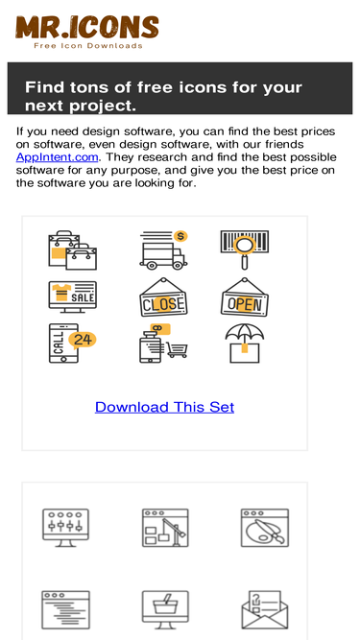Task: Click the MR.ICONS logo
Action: pyautogui.click(x=87, y=32)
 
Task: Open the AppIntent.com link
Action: pyautogui.click(x=58, y=157)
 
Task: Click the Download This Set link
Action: pyautogui.click(x=164, y=407)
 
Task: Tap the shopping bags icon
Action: pyautogui.click(x=73, y=250)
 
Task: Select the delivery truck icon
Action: pyautogui.click(x=163, y=250)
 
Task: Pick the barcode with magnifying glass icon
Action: pyautogui.click(x=245, y=249)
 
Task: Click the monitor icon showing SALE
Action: pyautogui.click(x=73, y=297)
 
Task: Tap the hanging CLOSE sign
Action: pyautogui.click(x=163, y=297)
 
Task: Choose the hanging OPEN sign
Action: pyautogui.click(x=245, y=297)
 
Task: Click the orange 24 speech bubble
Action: pyautogui.click(x=83, y=340)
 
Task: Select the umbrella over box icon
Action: pyautogui.click(x=245, y=344)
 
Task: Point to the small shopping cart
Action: pyautogui.click(x=178, y=350)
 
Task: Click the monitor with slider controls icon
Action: pyautogui.click(x=65, y=528)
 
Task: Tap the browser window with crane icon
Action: pyautogui.click(x=165, y=528)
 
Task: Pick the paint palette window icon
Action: pyautogui.click(x=265, y=528)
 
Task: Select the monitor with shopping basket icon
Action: pyautogui.click(x=165, y=610)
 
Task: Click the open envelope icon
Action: pyautogui.click(x=265, y=610)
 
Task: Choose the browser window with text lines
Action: pyautogui.click(x=65, y=610)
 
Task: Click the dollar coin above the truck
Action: pyautogui.click(x=180, y=236)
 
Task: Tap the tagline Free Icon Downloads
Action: pyautogui.click(x=88, y=45)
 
